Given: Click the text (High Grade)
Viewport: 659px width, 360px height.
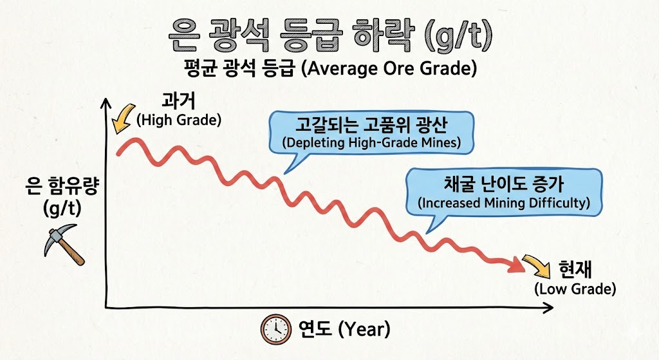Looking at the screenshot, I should pos(178,120).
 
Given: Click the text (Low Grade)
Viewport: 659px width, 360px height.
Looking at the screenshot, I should pos(575,289).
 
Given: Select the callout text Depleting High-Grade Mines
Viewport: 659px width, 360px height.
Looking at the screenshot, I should pos(371,142).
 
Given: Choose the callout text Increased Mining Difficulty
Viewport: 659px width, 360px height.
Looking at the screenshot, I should pos(503,203).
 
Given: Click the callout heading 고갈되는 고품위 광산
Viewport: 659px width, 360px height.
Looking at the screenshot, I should pos(371,124).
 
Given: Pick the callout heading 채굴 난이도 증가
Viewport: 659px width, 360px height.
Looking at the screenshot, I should pos(503,184).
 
